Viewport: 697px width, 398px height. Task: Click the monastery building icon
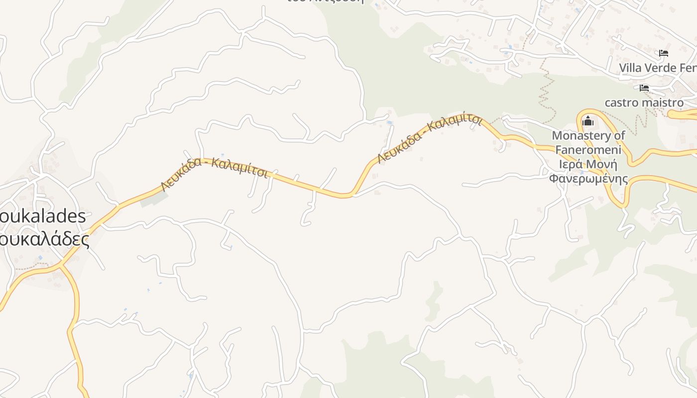tap(588, 121)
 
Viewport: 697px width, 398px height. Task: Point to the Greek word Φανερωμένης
tap(588, 178)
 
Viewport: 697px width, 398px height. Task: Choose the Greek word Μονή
tap(601, 164)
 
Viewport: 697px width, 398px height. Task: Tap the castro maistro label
tap(644, 102)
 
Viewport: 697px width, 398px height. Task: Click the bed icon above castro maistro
tap(644, 88)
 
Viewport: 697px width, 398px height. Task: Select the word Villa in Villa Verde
tap(630, 68)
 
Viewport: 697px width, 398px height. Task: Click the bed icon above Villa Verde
tap(663, 53)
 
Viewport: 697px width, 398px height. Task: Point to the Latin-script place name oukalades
tap(43, 216)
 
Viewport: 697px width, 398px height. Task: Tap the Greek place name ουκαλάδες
tap(45, 239)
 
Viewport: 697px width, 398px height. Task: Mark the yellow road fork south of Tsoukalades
tap(61, 267)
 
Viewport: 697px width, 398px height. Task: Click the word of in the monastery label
tap(620, 135)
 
